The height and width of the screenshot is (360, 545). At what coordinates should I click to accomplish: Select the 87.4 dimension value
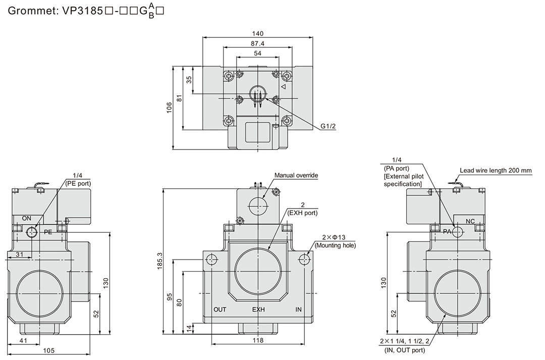(257, 44)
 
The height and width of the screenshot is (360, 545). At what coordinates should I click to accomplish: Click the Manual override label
(296, 175)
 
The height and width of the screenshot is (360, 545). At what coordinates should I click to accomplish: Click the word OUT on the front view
(220, 310)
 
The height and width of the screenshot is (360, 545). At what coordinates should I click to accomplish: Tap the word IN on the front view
(298, 310)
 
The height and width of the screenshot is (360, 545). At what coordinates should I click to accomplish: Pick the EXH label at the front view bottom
(258, 310)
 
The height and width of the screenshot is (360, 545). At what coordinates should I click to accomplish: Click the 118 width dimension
(258, 341)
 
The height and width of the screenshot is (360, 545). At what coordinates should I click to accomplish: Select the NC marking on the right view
(470, 221)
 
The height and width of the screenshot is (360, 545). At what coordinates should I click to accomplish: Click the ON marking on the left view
(27, 219)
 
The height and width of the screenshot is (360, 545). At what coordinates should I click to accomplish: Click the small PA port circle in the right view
(458, 232)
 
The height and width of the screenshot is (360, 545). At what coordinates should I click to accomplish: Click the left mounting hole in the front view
(211, 260)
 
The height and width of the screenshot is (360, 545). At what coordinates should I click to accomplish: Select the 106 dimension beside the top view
(170, 108)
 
